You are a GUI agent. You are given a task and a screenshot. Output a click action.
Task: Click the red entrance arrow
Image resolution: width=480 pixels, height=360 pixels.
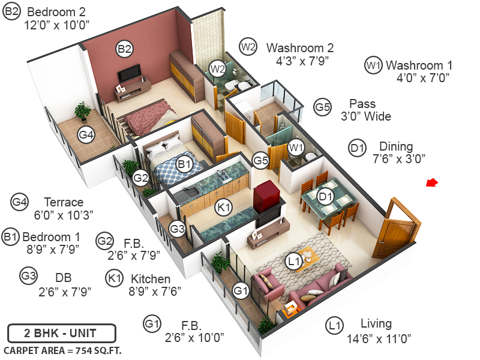(x=431, y=183)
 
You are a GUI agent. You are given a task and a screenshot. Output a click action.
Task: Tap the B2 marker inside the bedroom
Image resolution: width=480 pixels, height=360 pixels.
(x=125, y=49)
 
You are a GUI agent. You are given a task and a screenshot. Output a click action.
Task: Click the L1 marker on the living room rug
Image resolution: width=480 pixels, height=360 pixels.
(x=293, y=261)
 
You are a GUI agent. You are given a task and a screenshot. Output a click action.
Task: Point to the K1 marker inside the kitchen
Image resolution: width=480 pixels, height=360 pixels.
(x=224, y=208)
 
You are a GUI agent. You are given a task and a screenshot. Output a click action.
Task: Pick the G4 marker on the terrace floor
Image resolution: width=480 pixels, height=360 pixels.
(x=86, y=136)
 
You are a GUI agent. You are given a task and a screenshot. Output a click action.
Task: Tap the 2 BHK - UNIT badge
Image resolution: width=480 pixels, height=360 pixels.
(x=61, y=332)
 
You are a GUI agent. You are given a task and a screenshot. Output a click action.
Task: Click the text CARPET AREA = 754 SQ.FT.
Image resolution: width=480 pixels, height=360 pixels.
(x=62, y=350)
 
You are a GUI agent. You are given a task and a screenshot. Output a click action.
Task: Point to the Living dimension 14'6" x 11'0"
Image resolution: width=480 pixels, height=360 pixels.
(x=379, y=338)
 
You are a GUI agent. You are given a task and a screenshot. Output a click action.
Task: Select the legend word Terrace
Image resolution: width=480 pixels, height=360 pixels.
(x=64, y=202)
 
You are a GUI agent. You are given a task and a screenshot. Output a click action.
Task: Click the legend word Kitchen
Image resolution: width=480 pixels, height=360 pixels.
(x=151, y=279)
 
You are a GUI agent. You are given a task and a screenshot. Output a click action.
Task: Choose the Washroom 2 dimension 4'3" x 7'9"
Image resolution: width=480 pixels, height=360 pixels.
(x=302, y=61)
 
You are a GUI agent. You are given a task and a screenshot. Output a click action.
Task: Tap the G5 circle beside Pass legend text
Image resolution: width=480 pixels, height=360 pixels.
(x=323, y=108)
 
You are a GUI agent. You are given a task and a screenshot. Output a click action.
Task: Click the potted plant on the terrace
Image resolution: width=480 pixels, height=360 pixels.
(x=83, y=112)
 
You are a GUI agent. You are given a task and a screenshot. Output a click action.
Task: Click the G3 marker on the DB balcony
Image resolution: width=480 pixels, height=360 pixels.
(x=177, y=228)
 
